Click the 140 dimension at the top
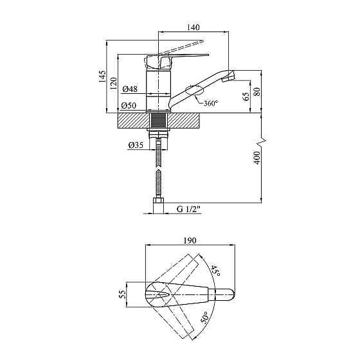pyautogui.click(x=194, y=27)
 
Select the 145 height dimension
pyautogui.click(x=102, y=76)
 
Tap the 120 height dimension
pyautogui.click(x=113, y=84)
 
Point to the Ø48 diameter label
pyautogui.click(x=130, y=89)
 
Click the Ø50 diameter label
pyautogui.click(x=129, y=105)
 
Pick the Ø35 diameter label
pyautogui.click(x=136, y=145)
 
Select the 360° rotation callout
pyautogui.click(x=210, y=103)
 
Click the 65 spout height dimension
pyautogui.click(x=246, y=96)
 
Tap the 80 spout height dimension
pyautogui.click(x=257, y=92)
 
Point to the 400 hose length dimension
pyautogui.click(x=257, y=158)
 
